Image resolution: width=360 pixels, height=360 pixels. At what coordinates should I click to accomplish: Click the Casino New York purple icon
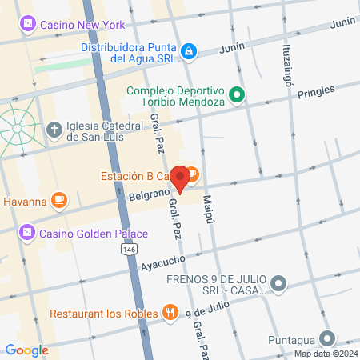click(x=27, y=25)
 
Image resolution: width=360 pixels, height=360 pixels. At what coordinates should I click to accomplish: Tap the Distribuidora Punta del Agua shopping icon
click(x=188, y=51)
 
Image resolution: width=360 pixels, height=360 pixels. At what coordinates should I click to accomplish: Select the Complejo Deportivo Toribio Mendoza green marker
click(x=237, y=96)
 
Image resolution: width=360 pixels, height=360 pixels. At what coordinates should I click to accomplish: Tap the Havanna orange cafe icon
click(x=58, y=200)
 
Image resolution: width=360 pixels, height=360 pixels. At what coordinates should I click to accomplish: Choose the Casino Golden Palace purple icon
click(x=27, y=233)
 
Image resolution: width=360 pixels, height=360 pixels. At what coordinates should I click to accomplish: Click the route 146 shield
click(x=128, y=250)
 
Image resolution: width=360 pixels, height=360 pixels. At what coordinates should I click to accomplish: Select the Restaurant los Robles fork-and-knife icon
click(x=170, y=313)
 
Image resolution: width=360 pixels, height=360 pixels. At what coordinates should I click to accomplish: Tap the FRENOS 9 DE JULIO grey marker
click(x=278, y=282)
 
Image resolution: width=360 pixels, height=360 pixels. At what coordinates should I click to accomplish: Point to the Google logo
click(x=26, y=350)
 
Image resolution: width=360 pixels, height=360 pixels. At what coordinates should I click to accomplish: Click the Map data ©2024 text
click(x=325, y=354)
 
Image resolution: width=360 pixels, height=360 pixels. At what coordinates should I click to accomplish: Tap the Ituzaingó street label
click(x=286, y=64)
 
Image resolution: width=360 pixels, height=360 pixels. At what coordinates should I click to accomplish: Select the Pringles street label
click(x=314, y=93)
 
